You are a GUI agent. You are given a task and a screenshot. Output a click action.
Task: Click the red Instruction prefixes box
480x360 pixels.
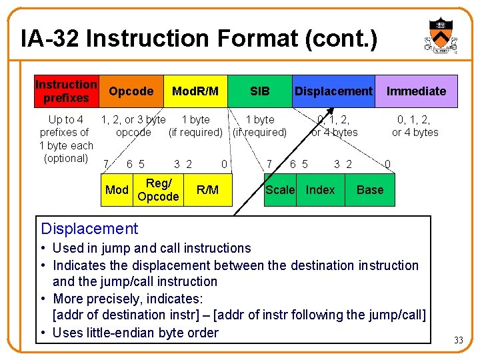[x=66, y=91]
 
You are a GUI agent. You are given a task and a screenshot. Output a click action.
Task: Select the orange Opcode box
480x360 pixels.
[x=131, y=91]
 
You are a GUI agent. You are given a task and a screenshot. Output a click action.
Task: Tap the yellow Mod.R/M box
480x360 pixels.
[x=195, y=91]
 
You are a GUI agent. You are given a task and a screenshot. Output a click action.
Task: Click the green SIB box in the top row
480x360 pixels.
[x=259, y=91]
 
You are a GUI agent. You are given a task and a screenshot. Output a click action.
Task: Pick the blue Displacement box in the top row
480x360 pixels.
[x=333, y=91]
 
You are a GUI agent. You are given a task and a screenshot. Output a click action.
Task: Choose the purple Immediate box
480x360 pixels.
[x=417, y=91]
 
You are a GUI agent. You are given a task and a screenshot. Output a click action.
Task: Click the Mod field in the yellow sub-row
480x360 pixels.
[x=117, y=190]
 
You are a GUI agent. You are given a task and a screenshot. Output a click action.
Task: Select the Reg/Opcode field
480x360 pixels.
[x=158, y=190]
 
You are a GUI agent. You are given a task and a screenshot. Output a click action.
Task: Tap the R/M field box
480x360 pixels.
[x=207, y=190]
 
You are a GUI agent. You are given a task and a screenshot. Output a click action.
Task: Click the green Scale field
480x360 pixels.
[x=280, y=190]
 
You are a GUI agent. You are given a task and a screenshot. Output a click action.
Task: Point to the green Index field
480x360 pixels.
[x=320, y=190]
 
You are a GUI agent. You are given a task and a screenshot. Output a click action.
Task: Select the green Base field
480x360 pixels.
[x=370, y=190]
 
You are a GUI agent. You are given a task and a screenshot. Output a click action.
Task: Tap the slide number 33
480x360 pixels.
[x=459, y=341]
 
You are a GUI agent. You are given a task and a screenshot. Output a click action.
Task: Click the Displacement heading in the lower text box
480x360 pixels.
[x=89, y=229]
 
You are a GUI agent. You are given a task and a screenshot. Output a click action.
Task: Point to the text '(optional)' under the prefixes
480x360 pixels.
[x=66, y=159]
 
